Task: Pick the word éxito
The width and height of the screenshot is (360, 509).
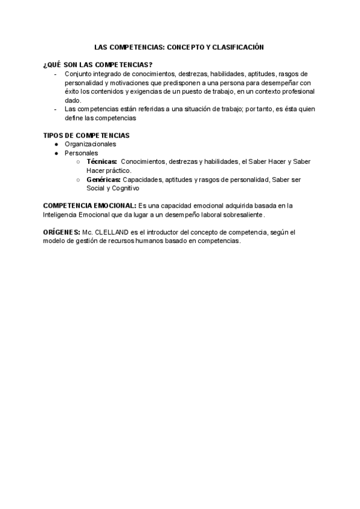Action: coord(73,91)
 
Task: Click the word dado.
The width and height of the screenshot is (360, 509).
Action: coord(73,100)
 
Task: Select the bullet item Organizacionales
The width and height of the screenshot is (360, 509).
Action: coord(90,144)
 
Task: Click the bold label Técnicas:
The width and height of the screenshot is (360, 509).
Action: coord(101,162)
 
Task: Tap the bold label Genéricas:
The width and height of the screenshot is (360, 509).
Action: coord(103,179)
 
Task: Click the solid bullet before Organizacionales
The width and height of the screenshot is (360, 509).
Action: coord(56,145)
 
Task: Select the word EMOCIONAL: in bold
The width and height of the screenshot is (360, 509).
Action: coord(113,205)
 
